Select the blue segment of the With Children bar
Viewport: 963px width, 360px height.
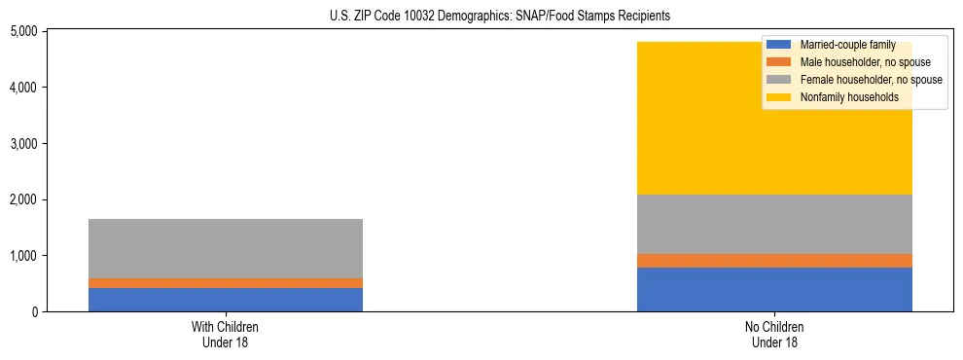click(226, 300)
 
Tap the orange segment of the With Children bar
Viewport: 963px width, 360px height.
click(226, 283)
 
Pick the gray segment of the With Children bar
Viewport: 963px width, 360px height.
click(226, 248)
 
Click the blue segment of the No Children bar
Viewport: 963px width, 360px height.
click(774, 289)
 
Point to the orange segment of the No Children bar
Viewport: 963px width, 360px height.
click(774, 261)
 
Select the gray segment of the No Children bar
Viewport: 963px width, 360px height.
click(774, 224)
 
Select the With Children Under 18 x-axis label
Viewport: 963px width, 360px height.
click(226, 335)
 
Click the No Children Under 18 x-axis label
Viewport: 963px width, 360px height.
click(774, 335)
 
